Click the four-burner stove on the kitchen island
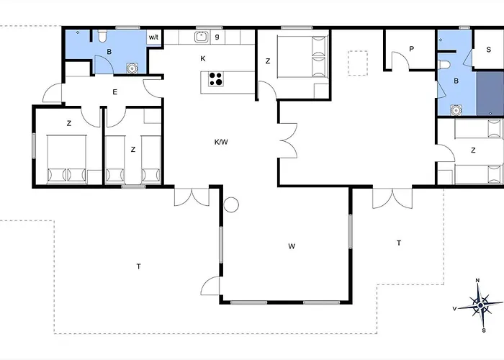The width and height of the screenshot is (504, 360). click(216, 79)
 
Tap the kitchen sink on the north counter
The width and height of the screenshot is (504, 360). click(202, 37)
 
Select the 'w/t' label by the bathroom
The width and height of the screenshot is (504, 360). click(153, 37)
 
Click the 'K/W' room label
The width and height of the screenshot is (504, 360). click(221, 142)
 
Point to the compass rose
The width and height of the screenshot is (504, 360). click(480, 305)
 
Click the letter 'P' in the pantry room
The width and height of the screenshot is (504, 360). click(411, 49)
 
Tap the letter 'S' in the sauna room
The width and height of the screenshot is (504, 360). click(489, 50)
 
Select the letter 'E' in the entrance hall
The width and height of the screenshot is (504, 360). click(114, 92)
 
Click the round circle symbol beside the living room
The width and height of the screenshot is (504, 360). click(231, 204)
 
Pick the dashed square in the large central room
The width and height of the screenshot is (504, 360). click(358, 63)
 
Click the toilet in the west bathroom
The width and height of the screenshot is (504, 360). click(102, 36)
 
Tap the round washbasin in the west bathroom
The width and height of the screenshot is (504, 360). click(132, 68)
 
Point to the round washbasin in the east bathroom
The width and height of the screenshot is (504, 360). click(456, 110)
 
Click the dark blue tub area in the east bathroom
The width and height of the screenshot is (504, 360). click(490, 94)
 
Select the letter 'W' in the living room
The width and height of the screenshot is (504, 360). click(292, 246)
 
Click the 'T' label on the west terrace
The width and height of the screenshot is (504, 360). click(138, 266)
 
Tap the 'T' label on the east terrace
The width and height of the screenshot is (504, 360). click(399, 243)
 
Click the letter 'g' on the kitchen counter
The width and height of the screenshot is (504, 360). click(217, 36)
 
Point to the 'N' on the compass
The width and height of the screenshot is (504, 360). click(477, 281)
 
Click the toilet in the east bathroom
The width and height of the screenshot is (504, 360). click(445, 65)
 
